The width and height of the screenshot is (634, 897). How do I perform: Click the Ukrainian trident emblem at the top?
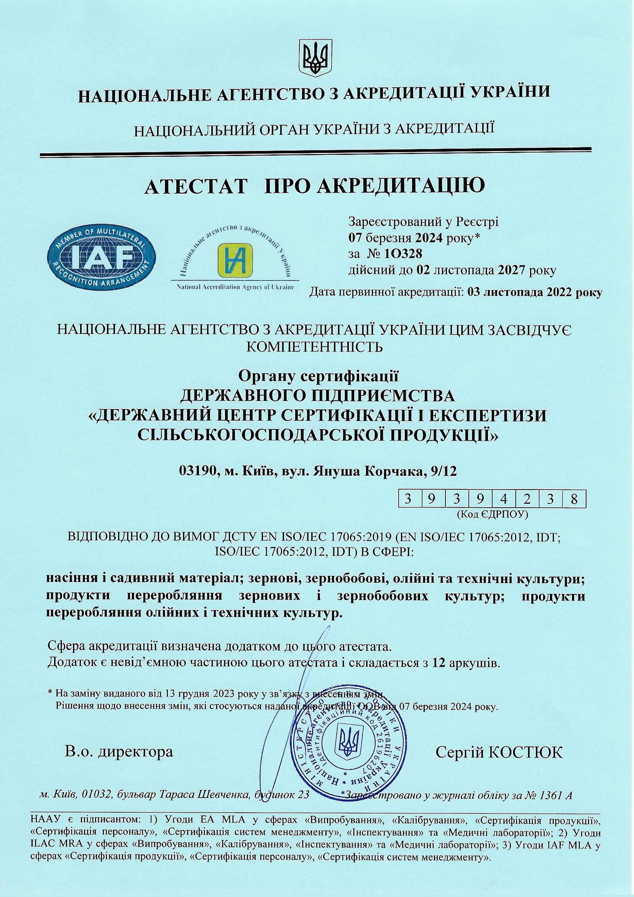(316, 58)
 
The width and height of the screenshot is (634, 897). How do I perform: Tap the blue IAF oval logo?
(101, 257)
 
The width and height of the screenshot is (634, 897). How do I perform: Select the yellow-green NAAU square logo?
(235, 259)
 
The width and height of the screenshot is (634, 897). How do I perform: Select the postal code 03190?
(197, 472)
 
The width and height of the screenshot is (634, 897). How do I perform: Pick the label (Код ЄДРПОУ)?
(493, 514)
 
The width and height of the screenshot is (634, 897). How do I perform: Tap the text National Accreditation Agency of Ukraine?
(235, 287)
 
